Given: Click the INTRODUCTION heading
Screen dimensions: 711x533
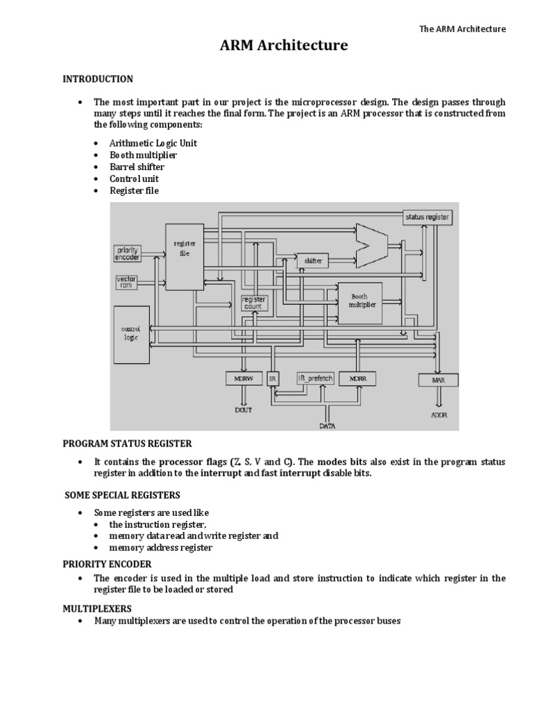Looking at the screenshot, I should pyautogui.click(x=98, y=78).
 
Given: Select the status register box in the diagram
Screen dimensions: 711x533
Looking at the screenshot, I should pyautogui.click(x=427, y=217).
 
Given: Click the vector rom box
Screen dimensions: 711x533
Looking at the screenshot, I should pyautogui.click(x=126, y=281).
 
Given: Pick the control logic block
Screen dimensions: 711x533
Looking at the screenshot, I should pyautogui.click(x=130, y=334).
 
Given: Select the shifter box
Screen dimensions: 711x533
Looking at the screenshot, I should pyautogui.click(x=313, y=260).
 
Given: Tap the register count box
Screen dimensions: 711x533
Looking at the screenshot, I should pyautogui.click(x=254, y=303).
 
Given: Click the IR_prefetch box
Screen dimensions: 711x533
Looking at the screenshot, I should pyautogui.click(x=316, y=378).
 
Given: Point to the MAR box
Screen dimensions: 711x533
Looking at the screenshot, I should pyautogui.click(x=437, y=380).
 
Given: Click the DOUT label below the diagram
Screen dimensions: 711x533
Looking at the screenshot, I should pyautogui.click(x=243, y=410).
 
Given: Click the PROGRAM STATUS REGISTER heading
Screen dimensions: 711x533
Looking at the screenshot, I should pyautogui.click(x=127, y=444).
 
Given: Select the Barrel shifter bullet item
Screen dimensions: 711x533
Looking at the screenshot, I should pyautogui.click(x=137, y=167).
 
